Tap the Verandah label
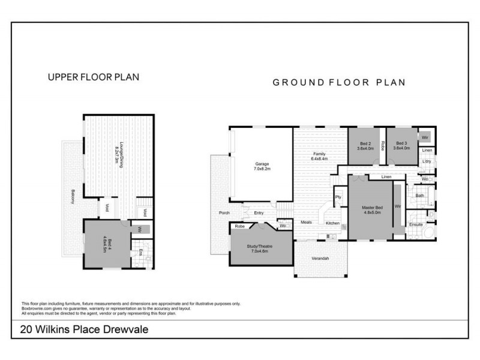click(320, 258)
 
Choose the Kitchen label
click(332, 223)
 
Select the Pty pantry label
click(338, 196)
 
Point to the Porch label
click(224, 213)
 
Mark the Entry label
click(259, 213)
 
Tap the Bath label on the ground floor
click(420, 196)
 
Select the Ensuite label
click(416, 225)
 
